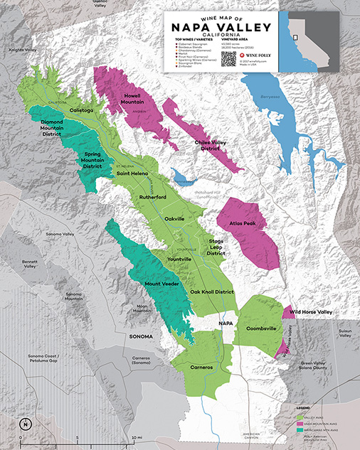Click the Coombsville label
coord(260,328)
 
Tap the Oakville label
coord(175,218)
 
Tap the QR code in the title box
coord(228,58)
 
